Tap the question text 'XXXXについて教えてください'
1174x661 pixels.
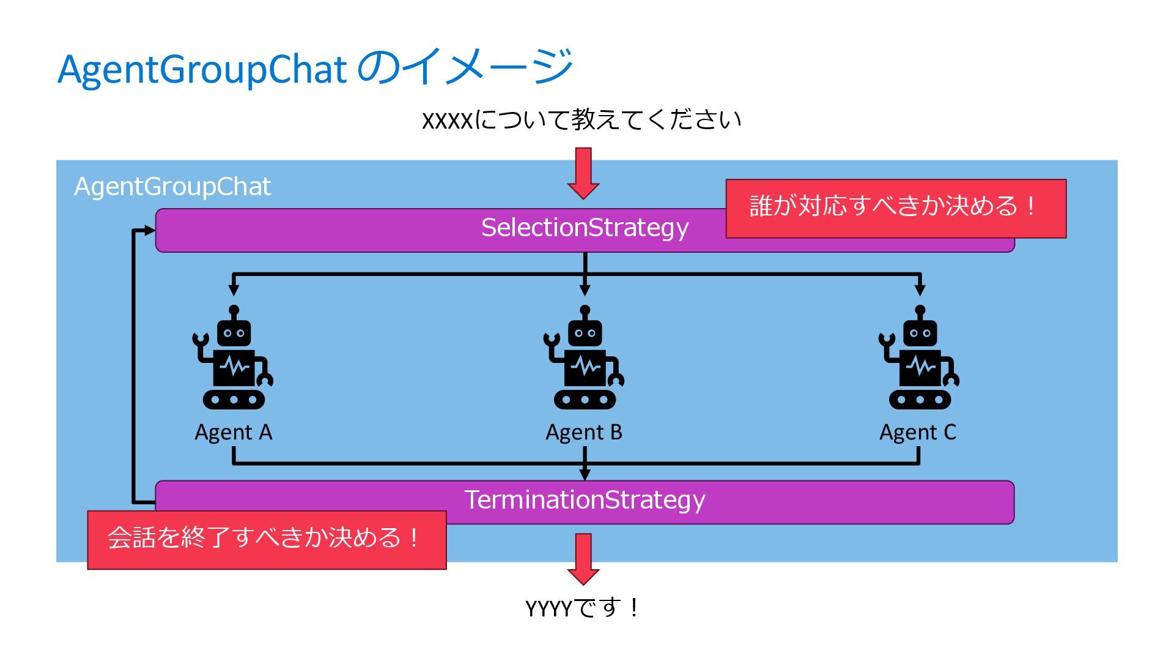[581, 119]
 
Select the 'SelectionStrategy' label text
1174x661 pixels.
[585, 228]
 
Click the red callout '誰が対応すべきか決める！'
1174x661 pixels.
[895, 208]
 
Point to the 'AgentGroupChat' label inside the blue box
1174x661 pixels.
[172, 187]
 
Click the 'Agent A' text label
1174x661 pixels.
[233, 432]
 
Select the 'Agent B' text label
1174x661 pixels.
[584, 432]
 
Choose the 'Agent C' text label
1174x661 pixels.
[917, 432]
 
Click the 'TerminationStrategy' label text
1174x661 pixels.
[585, 500]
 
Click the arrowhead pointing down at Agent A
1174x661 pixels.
[233, 289]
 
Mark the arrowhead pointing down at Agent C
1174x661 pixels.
[920, 289]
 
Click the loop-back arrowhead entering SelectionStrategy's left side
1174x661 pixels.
[149, 231]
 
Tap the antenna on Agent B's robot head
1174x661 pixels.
[585, 312]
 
